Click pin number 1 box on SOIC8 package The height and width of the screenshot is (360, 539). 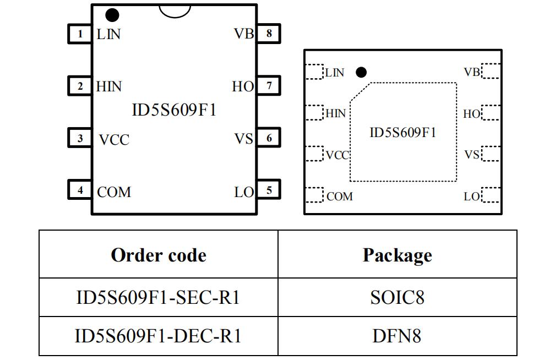(x=80, y=34)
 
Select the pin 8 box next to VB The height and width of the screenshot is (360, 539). (x=269, y=34)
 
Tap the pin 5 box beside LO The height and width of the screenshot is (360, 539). (x=269, y=190)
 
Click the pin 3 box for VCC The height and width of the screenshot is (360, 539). (x=80, y=138)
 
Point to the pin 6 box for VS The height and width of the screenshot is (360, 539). (x=269, y=138)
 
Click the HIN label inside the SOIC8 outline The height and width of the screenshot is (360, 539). (x=109, y=86)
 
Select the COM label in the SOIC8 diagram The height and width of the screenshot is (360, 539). (x=114, y=192)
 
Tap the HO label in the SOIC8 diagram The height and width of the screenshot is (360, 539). (x=243, y=86)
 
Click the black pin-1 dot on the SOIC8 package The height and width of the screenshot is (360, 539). (x=112, y=15)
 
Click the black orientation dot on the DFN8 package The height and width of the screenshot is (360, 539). (x=361, y=72)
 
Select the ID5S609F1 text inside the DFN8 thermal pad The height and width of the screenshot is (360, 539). (x=402, y=133)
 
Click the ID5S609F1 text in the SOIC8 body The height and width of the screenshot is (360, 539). (x=174, y=110)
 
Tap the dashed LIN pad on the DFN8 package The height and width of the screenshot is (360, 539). (x=314, y=72)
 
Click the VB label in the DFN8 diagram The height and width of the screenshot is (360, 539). (x=472, y=72)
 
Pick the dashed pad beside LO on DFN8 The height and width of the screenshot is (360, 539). (x=491, y=195)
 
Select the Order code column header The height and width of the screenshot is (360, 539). (x=159, y=255)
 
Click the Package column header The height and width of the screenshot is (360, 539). (x=397, y=255)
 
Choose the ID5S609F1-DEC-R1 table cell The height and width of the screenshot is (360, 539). (x=159, y=336)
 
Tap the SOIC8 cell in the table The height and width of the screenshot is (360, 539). (x=397, y=297)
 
